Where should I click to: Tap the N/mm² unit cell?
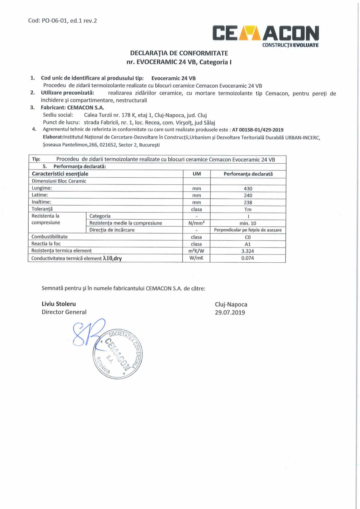pos(196,223)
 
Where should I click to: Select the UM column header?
pos(196,173)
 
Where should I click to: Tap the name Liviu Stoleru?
pos(59,304)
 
